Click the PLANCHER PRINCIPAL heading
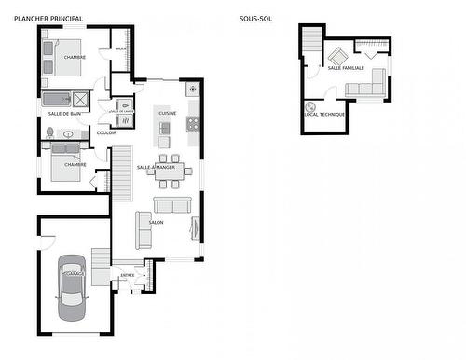pos(48,19)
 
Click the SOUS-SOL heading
pos(254,19)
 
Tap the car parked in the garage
pos(72,285)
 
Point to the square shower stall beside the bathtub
pos(82,98)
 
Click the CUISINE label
pos(168,113)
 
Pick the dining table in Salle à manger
pos(169,171)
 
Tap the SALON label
pos(157,223)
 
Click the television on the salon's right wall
pos(195,228)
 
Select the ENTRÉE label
pos(128,275)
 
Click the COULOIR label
pos(106,132)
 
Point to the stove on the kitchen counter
pos(193,122)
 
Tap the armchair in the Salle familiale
pos(336,55)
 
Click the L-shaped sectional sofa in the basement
pos(365,87)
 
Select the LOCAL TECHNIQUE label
pos(324,114)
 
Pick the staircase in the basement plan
pos(311,41)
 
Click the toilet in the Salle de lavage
pos(126,106)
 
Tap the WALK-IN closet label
pos(120,48)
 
